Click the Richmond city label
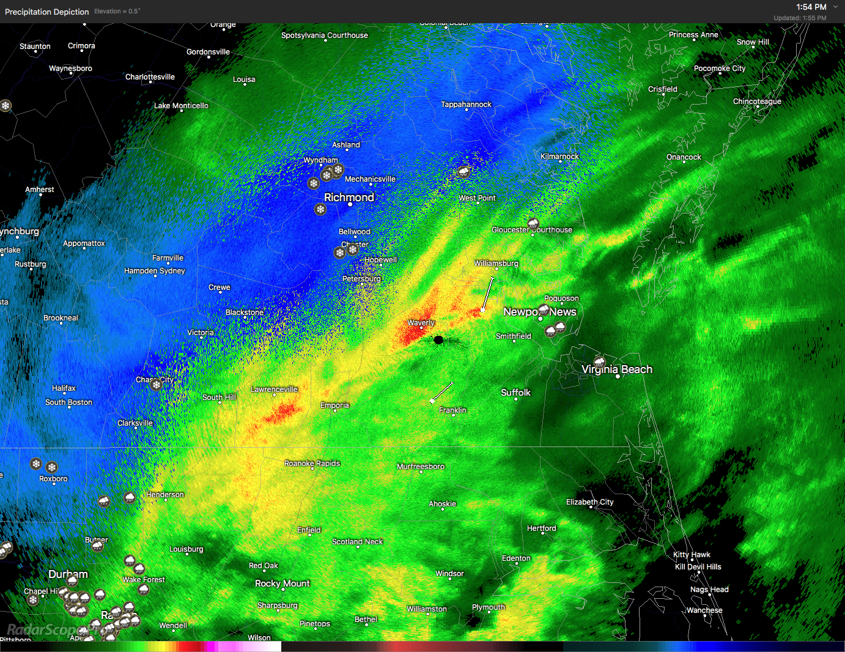[349, 198]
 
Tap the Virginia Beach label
[617, 369]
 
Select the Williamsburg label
[496, 264]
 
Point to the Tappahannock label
[466, 105]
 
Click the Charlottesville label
[150, 77]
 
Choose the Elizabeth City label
[589, 502]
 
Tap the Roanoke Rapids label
[312, 464]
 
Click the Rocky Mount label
[282, 583]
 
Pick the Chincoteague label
[757, 102]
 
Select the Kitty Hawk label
[692, 555]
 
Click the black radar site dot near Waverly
[438, 340]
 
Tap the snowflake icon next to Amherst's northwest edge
[6, 106]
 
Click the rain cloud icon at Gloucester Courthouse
[533, 223]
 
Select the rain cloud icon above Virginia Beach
[599, 362]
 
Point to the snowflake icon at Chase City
[157, 385]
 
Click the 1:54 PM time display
[811, 7]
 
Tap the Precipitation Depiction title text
[46, 12]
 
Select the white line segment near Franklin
[441, 392]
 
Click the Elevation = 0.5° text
[117, 12]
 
